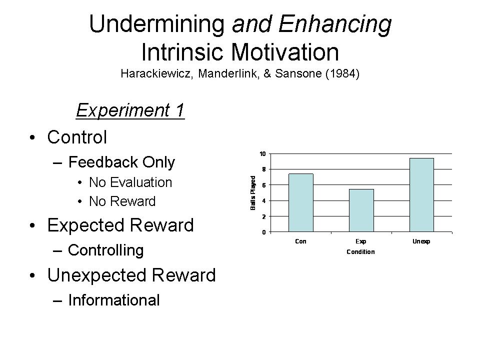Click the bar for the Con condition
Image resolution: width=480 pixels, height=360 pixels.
(x=301, y=202)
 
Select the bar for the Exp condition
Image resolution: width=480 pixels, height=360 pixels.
(x=361, y=210)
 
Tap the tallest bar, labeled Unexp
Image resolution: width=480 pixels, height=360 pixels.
(x=421, y=195)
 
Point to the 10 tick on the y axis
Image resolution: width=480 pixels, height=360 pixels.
(x=262, y=153)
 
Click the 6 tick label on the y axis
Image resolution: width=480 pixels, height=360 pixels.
(x=264, y=185)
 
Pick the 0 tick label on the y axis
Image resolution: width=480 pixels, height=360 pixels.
(x=264, y=232)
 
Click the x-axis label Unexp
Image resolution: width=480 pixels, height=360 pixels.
(x=421, y=241)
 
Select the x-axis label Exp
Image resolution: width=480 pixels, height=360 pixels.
(x=361, y=241)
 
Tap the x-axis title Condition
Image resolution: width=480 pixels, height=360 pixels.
(x=360, y=252)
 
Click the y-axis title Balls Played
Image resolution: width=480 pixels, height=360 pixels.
(x=253, y=193)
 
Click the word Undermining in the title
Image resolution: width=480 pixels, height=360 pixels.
(x=157, y=24)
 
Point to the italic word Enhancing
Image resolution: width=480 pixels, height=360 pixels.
(x=335, y=24)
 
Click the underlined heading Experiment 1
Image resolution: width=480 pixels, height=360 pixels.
(x=130, y=110)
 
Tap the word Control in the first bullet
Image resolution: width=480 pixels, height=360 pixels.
(x=77, y=137)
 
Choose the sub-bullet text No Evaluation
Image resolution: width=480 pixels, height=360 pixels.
(x=130, y=182)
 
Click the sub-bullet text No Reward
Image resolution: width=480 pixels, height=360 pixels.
(x=122, y=201)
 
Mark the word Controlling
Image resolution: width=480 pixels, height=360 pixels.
(x=106, y=250)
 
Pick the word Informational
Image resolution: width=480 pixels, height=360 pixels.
(x=114, y=300)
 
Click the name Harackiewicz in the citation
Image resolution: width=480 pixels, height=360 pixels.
(x=156, y=73)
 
